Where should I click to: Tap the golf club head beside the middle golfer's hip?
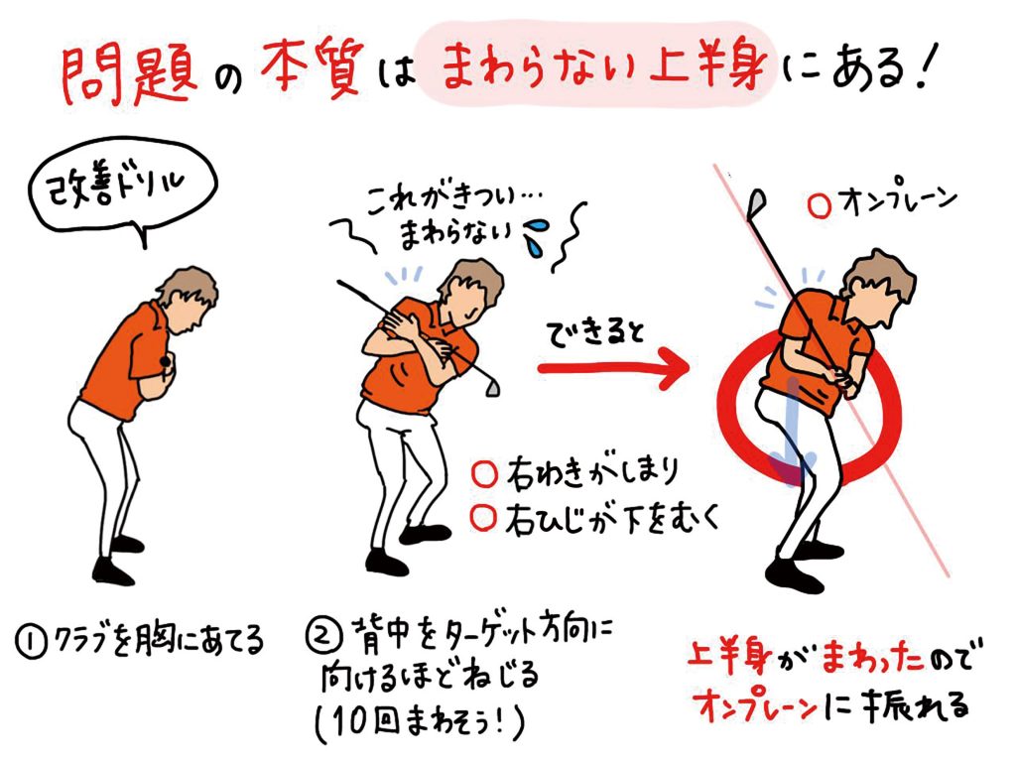492,387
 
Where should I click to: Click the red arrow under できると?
613,369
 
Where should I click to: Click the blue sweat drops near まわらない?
535,235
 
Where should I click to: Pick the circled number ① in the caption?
30,643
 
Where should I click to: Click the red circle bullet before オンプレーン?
820,206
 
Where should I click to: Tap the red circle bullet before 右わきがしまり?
484,473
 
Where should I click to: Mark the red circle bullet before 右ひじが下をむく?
483,518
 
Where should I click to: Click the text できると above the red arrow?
596,333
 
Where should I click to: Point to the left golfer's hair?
188,289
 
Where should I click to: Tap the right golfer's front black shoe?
793,573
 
